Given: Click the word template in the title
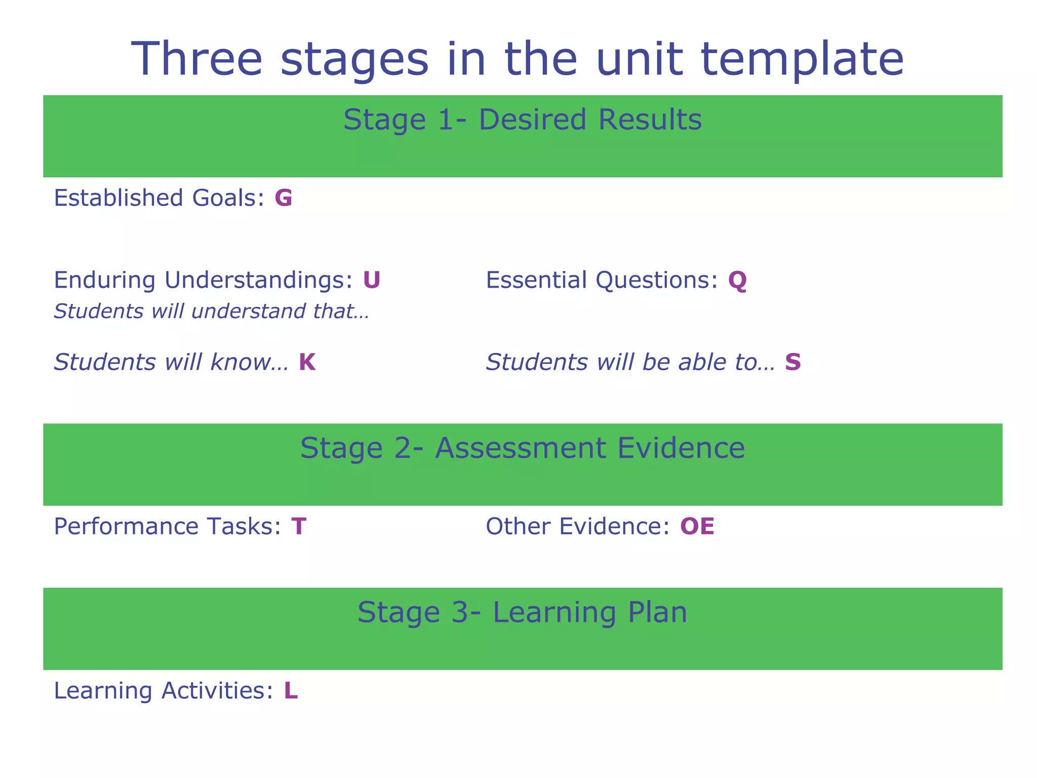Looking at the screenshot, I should point(802,60).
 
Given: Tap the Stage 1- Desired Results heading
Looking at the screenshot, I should point(522,121).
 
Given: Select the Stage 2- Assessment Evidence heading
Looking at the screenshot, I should point(522,449).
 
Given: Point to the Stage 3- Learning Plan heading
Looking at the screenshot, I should point(522,613).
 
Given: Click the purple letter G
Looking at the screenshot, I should point(284,198).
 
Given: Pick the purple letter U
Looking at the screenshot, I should point(372,280).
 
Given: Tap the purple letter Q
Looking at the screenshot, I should point(737,281).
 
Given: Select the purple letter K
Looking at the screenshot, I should point(307,363).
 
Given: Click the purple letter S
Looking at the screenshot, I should point(793,363).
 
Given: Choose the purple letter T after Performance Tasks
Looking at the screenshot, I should point(299,527).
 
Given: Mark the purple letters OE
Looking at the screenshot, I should point(697,527).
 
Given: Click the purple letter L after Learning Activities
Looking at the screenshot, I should point(291,691).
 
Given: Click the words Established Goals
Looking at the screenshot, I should point(158,198).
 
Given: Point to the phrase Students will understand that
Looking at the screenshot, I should point(211,312).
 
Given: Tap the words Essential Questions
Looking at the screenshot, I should point(602,280).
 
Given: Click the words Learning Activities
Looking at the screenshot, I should point(163,691).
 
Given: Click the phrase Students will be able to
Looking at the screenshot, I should point(630,363).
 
